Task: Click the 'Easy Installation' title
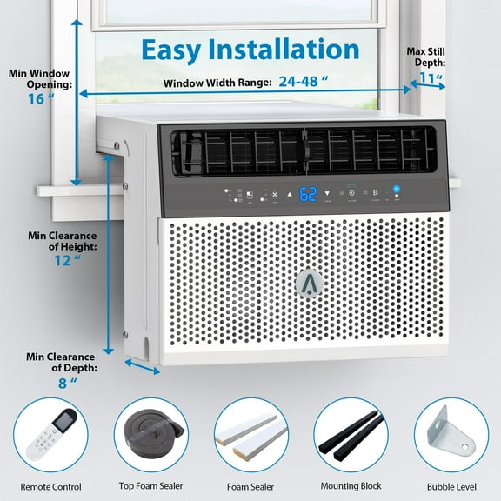(250, 49)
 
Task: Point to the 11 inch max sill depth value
(427, 79)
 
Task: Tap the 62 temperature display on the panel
(308, 194)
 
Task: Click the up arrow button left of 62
(289, 194)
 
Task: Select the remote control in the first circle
(50, 434)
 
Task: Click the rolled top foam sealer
(151, 434)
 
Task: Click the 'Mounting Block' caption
(351, 487)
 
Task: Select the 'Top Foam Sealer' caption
(151, 487)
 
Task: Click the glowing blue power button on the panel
(396, 190)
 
